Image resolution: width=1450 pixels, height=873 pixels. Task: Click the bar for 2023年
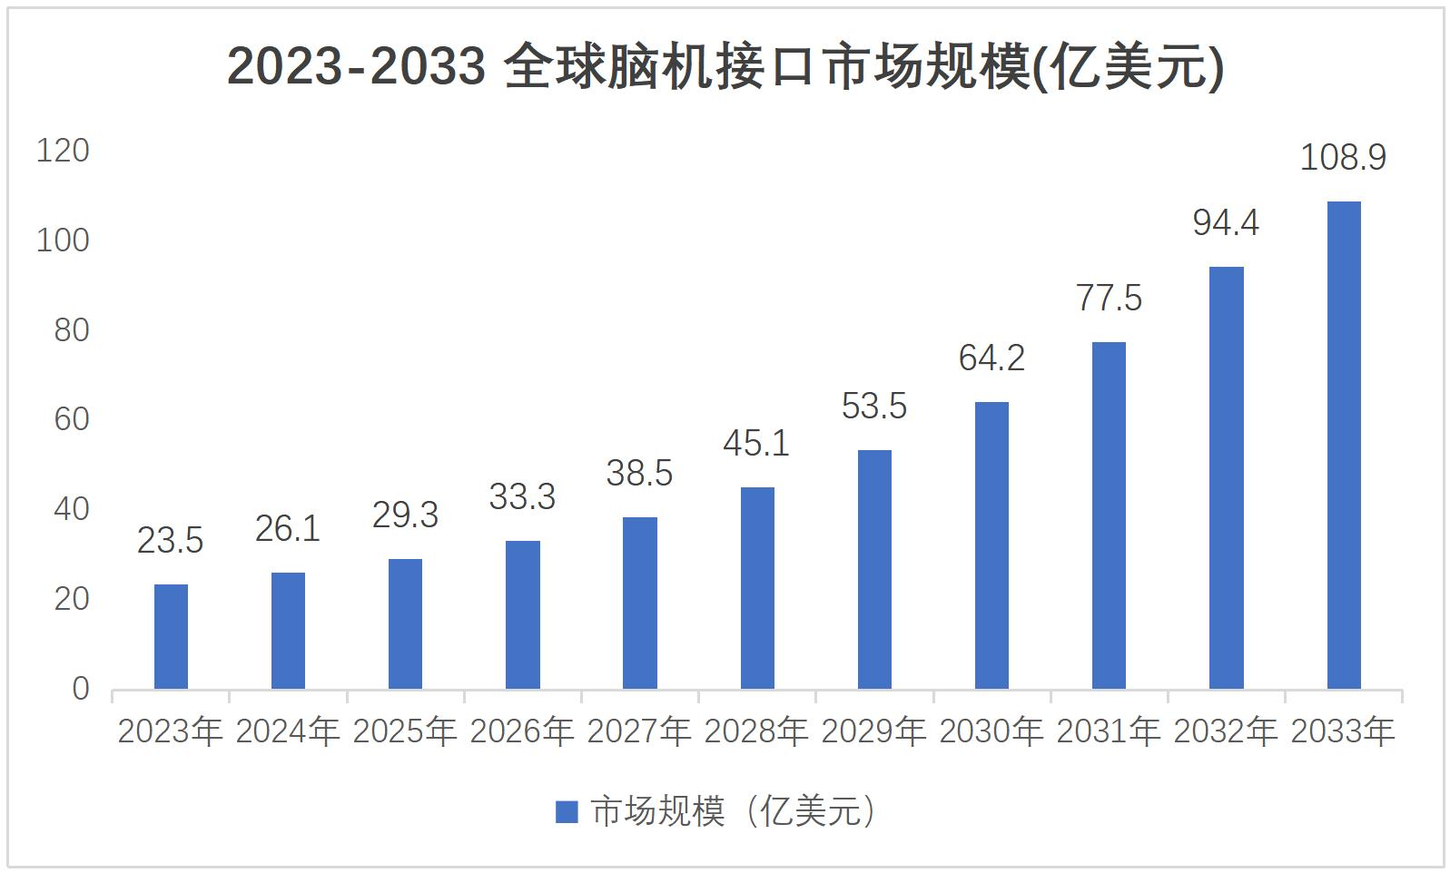[x=171, y=636]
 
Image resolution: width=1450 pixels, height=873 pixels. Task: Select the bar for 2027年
[x=639, y=603]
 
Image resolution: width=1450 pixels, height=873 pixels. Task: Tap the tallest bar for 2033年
[x=1344, y=446]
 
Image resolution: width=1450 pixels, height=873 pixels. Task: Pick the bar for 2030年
[x=991, y=545]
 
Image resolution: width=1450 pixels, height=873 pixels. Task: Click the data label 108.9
[x=1343, y=157]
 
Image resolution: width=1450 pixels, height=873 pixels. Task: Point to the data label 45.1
[x=756, y=444]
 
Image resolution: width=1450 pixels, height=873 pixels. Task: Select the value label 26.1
[x=288, y=529]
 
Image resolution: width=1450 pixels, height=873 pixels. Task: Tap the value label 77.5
[x=1109, y=299]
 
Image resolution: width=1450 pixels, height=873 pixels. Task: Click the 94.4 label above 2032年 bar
[x=1226, y=222]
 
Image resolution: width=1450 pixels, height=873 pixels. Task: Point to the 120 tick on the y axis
[x=63, y=151]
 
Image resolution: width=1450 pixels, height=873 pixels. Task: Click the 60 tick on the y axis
[x=71, y=419]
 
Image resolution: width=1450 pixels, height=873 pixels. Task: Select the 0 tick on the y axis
[x=81, y=689]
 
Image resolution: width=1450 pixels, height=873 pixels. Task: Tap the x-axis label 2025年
[x=405, y=731]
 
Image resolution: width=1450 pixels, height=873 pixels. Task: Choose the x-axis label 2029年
[x=873, y=731]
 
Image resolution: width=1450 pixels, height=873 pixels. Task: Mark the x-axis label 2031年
[x=1109, y=731]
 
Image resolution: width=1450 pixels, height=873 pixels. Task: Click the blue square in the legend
[x=567, y=812]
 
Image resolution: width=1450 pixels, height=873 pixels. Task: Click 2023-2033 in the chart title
[x=356, y=66]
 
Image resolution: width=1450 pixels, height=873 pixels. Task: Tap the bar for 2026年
[x=522, y=614]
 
